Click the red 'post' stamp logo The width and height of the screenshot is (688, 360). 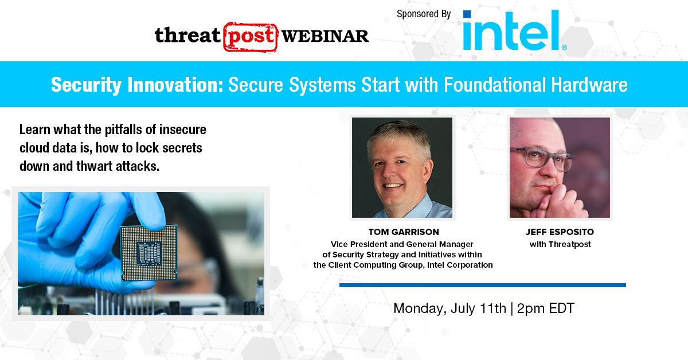point(251,37)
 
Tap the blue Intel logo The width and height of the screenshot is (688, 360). point(514,30)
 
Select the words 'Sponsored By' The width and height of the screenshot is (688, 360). point(424,14)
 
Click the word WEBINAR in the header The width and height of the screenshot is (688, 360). point(325,36)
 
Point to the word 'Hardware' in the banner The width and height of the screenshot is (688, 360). point(589,85)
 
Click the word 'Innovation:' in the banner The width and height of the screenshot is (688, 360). point(175,85)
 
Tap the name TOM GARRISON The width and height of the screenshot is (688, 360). point(404,232)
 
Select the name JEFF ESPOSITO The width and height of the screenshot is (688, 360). point(560,232)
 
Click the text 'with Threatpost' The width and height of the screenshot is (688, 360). point(560,245)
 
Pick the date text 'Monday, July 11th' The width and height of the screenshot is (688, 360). point(449,308)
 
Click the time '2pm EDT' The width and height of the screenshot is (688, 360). point(545,308)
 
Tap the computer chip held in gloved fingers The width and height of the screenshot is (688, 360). point(148,252)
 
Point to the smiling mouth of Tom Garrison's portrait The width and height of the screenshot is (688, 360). point(392,186)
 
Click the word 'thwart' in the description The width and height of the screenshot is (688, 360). point(94,166)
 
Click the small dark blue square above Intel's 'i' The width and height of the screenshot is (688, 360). point(467,14)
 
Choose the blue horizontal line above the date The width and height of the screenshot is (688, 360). point(483,285)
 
